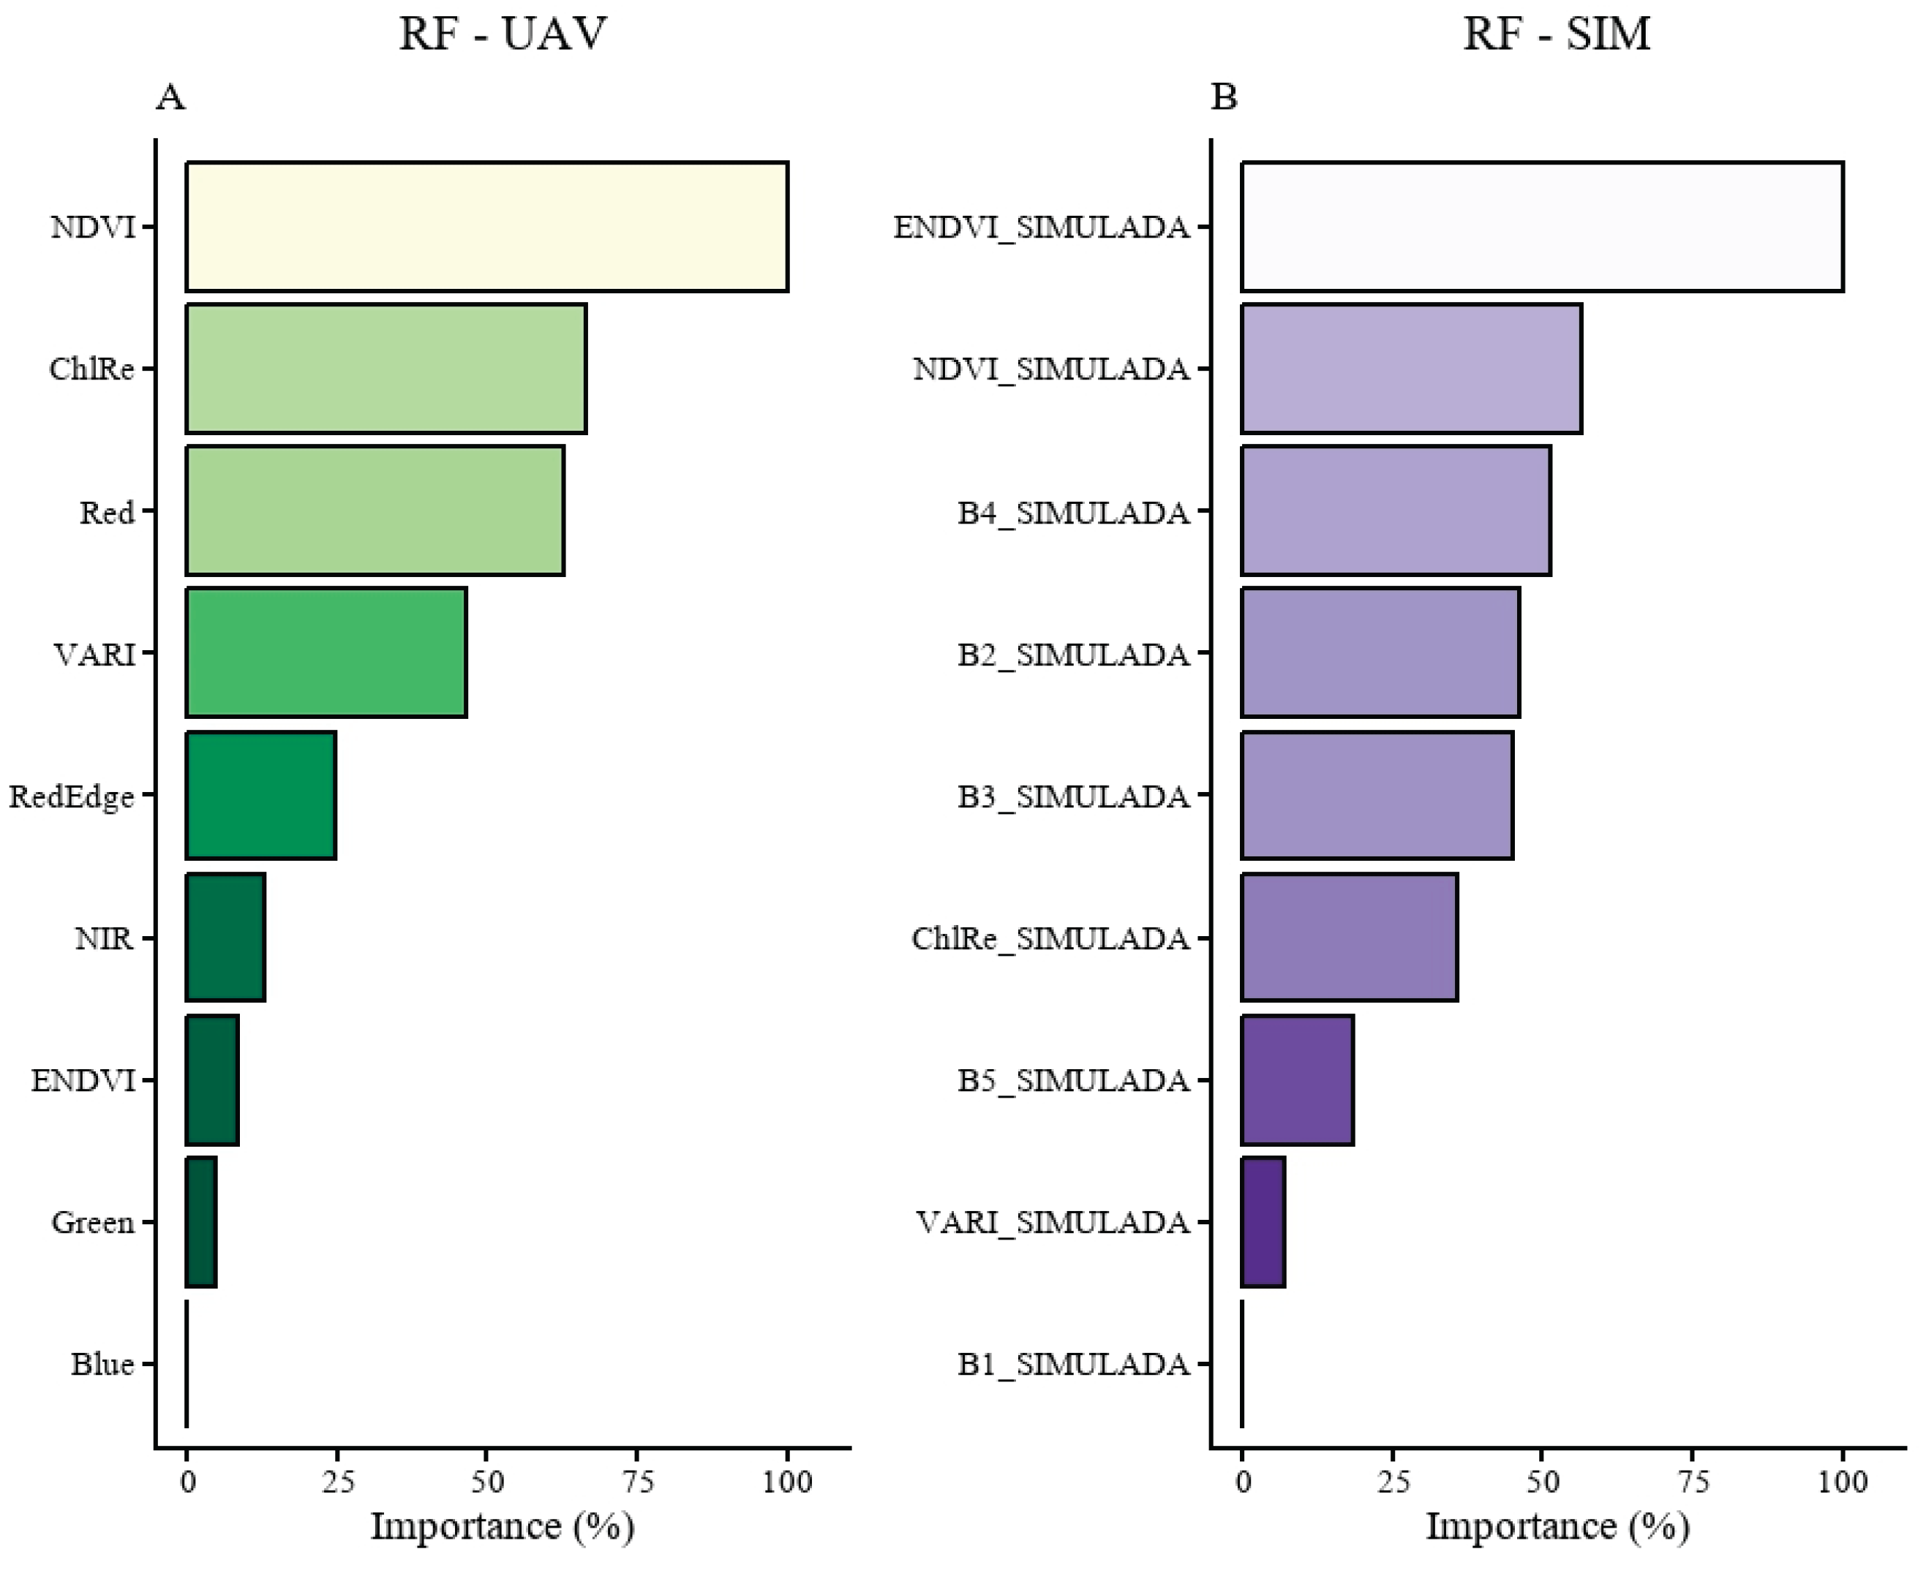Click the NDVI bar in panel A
(486, 227)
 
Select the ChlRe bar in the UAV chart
(386, 369)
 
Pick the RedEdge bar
(260, 795)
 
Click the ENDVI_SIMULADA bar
(1542, 227)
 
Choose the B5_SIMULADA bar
(1297, 1080)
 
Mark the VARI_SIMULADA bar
(1263, 1222)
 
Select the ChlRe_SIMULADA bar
(1350, 938)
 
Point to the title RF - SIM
(1557, 34)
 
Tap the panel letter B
(1223, 97)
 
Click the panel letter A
(170, 97)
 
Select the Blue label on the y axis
(102, 1365)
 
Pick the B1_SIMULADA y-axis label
(1073, 1365)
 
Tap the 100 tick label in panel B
(1843, 1482)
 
